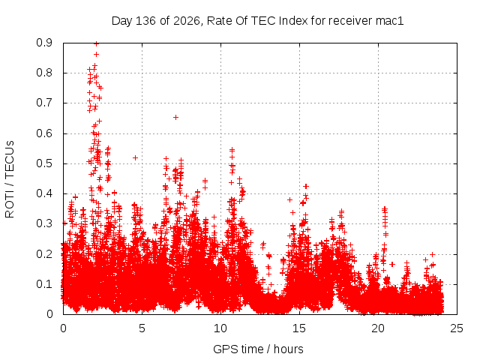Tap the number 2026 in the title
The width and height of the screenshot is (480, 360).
coord(187,21)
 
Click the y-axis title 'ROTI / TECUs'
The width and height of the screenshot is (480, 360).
coord(10,179)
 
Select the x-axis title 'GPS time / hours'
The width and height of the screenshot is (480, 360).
coord(258,349)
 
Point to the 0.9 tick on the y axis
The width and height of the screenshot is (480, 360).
coord(44,43)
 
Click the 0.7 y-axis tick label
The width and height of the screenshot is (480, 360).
coord(44,103)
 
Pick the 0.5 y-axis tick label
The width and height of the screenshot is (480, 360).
coord(44,163)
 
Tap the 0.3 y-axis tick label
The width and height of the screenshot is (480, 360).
coord(44,223)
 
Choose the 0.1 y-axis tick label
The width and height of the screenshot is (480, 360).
coord(44,284)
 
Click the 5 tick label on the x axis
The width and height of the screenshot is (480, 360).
coord(142,328)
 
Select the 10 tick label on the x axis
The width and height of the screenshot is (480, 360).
coord(220,328)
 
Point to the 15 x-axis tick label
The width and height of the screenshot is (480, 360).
coord(299,328)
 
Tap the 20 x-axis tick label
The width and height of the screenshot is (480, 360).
coord(378,328)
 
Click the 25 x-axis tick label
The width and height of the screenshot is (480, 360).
coord(457,328)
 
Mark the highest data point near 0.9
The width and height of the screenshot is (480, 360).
coord(97,43)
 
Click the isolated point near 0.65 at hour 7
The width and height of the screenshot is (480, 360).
coord(175,117)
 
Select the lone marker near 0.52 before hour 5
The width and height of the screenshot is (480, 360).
coord(135,158)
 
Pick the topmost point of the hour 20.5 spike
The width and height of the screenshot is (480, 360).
coord(385,208)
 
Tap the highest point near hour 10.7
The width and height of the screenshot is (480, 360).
coord(232,150)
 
